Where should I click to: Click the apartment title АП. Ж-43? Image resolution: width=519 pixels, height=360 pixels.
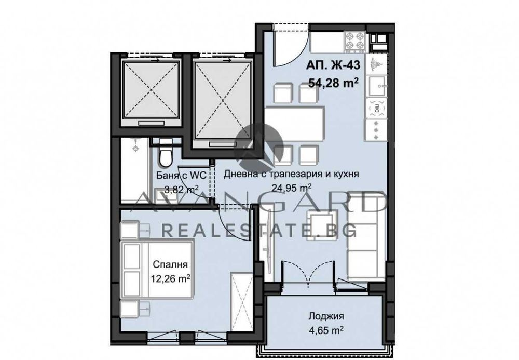(333, 65)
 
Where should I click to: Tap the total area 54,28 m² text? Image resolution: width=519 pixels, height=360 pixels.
(333, 82)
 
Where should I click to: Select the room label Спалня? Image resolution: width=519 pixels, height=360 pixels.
(170, 264)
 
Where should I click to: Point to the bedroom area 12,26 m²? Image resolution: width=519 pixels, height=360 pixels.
(170, 278)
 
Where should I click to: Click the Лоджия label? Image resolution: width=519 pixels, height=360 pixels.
(326, 316)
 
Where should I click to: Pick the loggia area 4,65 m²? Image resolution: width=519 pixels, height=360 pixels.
(326, 330)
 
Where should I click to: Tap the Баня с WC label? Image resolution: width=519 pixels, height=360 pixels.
(181, 176)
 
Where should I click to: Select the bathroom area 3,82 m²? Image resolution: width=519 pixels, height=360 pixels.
(182, 190)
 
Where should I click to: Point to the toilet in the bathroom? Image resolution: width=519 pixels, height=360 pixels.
(165, 153)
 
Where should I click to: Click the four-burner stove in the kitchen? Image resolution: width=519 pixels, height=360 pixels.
(355, 42)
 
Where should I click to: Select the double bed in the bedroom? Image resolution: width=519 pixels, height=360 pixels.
(158, 270)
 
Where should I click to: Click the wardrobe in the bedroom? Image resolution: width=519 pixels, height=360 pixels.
(242, 301)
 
